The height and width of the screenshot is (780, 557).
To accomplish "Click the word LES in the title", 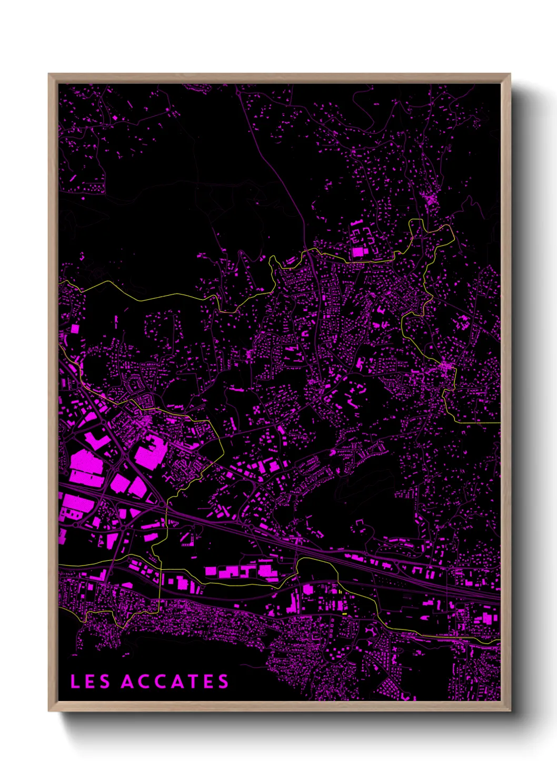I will pyautogui.click(x=90, y=681).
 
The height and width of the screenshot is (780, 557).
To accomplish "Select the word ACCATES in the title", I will pyautogui.click(x=175, y=681).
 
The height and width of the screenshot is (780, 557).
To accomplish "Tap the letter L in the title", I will pyautogui.click(x=75, y=681).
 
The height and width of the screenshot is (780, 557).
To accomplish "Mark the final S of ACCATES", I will pyautogui.click(x=224, y=681).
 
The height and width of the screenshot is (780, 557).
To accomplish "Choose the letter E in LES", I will pyautogui.click(x=90, y=681).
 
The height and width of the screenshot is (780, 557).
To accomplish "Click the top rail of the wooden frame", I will pyautogui.click(x=279, y=78).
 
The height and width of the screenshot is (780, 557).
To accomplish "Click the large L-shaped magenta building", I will pyautogui.click(x=150, y=454).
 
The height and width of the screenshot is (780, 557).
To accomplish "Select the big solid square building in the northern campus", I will pyautogui.click(x=358, y=251).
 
